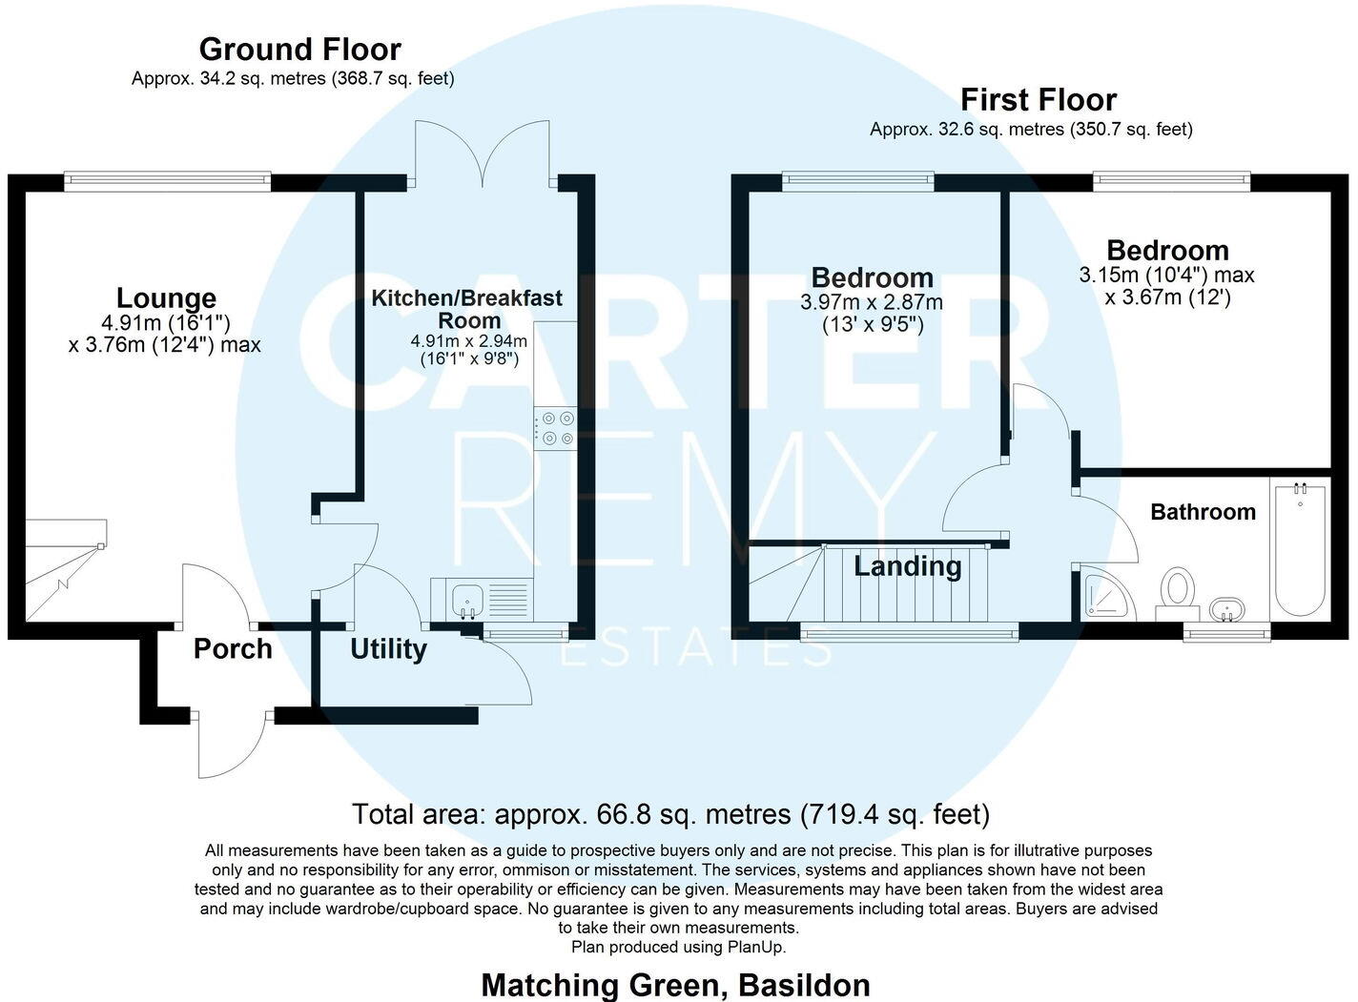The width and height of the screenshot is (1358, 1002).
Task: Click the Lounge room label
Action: pyautogui.click(x=166, y=298)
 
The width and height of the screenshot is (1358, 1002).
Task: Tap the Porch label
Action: pyautogui.click(x=233, y=649)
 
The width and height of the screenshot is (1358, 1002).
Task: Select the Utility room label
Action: pyautogui.click(x=388, y=649)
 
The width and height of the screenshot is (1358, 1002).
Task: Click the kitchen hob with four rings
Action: pyautogui.click(x=557, y=428)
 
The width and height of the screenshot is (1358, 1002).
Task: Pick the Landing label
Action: pyautogui.click(x=907, y=566)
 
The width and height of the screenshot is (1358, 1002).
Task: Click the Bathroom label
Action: pyautogui.click(x=1203, y=512)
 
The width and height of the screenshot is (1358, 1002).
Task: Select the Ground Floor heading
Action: pyautogui.click(x=299, y=49)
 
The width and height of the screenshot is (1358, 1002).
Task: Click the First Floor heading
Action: pyautogui.click(x=1038, y=99)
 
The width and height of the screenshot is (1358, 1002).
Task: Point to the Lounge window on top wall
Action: pyautogui.click(x=168, y=179)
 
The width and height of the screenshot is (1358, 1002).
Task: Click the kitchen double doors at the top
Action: pyautogui.click(x=483, y=153)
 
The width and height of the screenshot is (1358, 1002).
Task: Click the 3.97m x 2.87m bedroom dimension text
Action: pyautogui.click(x=871, y=303)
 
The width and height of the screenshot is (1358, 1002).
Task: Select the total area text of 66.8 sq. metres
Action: pyautogui.click(x=670, y=814)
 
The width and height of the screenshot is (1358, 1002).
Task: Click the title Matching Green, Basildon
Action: pyautogui.click(x=675, y=984)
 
